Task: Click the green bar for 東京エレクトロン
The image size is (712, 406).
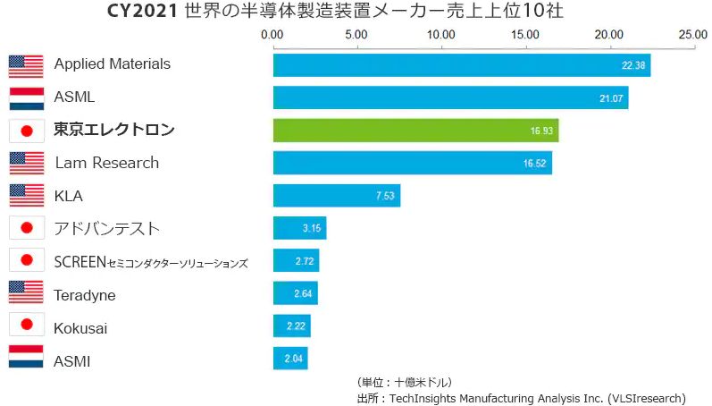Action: pos(415,131)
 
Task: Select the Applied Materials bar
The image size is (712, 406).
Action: pos(461,65)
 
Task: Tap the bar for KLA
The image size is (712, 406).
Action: pos(336,196)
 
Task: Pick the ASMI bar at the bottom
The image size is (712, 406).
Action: pos(290,359)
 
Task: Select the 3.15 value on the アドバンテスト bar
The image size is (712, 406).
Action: pos(312,229)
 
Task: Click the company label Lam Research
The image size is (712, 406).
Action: pos(106,163)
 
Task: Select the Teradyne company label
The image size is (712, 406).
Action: pos(85,295)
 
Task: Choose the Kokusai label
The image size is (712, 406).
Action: pos(80,328)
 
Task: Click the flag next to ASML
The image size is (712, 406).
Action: pos(26,97)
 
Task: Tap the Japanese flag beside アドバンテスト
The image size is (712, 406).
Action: pos(26,228)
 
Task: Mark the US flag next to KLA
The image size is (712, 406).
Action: pos(26,195)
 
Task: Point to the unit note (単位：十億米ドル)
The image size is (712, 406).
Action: pos(404,382)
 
